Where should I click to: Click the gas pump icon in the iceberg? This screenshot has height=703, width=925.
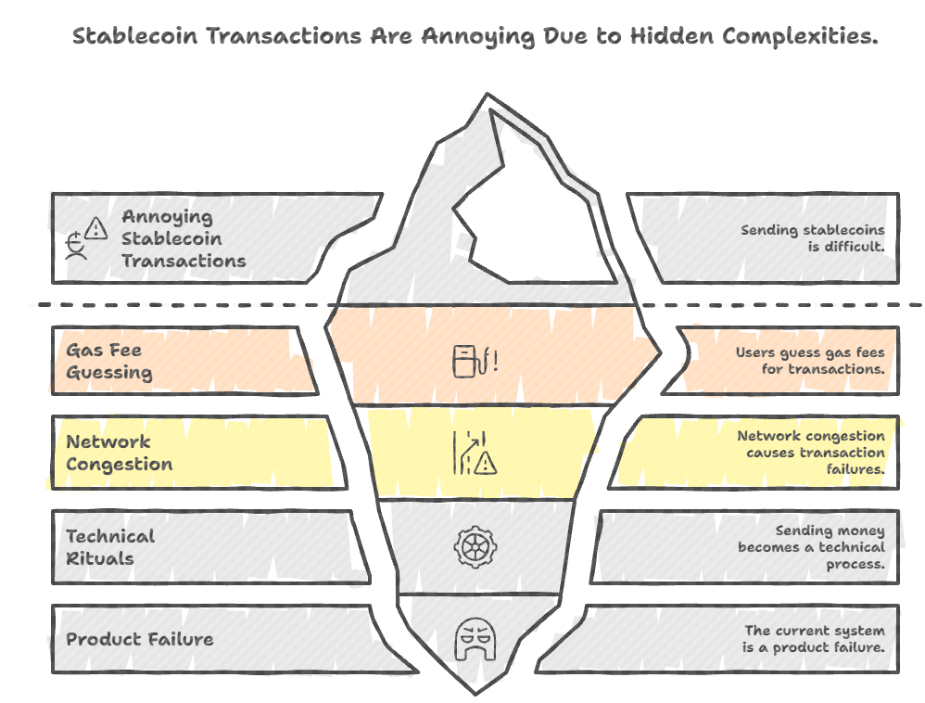tap(475, 360)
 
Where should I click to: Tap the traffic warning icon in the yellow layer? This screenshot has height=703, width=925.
tap(475, 454)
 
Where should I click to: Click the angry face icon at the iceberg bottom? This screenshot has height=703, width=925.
tap(473, 640)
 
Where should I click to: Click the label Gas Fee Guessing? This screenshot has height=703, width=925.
tap(108, 362)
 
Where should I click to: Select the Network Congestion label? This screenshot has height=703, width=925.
tap(119, 453)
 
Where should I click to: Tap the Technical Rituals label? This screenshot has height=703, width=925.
tap(110, 547)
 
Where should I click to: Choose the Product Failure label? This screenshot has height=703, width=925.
tap(139, 639)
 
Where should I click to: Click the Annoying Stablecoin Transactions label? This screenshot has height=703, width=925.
tap(184, 238)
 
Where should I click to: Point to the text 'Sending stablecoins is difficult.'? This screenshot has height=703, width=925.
tap(812, 238)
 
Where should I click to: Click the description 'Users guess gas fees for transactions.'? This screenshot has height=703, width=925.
tap(810, 361)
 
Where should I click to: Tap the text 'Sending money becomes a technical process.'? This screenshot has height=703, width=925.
tap(811, 547)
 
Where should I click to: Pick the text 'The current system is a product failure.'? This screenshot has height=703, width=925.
tap(814, 639)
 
